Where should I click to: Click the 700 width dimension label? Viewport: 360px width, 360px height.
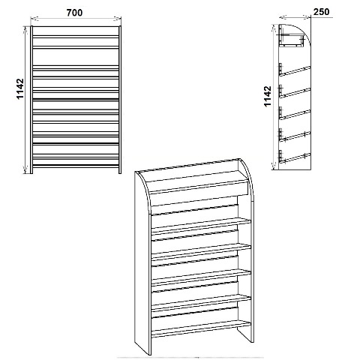pyautogui.click(x=74, y=13)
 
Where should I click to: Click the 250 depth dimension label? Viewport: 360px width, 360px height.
pyautogui.click(x=321, y=12)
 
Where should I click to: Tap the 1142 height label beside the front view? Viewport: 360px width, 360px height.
pyautogui.click(x=20, y=88)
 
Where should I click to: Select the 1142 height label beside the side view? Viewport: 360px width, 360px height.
pyautogui.click(x=267, y=96)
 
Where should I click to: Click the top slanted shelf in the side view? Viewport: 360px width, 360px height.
pyautogui.click(x=295, y=70)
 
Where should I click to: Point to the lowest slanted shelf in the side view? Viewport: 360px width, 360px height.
pyautogui.click(x=295, y=158)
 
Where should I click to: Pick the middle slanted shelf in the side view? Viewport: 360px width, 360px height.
pyautogui.click(x=295, y=115)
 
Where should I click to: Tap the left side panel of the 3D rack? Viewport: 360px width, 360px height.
pyautogui.click(x=143, y=262)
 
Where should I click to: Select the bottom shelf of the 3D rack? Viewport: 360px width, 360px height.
pyautogui.click(x=201, y=329)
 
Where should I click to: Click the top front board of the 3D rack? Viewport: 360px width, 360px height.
pyautogui.click(x=199, y=187)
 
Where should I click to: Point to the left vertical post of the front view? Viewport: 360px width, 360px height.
pyautogui.click(x=31, y=100)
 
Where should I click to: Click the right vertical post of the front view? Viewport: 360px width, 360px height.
pyautogui.click(x=120, y=100)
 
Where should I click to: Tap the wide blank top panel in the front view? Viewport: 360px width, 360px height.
pyautogui.click(x=76, y=57)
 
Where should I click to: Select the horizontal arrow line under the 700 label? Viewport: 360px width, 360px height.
pyautogui.click(x=76, y=18)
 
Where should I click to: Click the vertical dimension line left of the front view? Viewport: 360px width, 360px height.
pyautogui.click(x=25, y=100)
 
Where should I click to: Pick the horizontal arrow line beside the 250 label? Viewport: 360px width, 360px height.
pyautogui.click(x=295, y=17)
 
